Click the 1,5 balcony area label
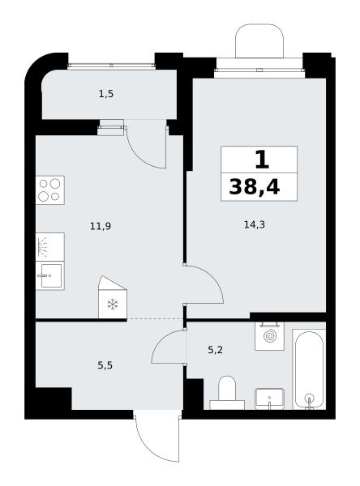coord(106,94)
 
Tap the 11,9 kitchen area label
coord(101,226)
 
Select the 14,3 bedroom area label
coord(254,224)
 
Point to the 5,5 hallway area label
coord(105,365)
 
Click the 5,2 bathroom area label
coord(215,350)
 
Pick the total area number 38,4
coord(254,187)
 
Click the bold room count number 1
coord(262,160)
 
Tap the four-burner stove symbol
coord(50,190)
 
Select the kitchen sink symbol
coord(50,276)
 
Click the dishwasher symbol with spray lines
coord(50,247)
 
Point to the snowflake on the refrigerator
coord(113,304)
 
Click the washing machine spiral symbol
coord(269,336)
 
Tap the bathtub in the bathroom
coord(309,369)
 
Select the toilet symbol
coord(227,392)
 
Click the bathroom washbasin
coord(270,399)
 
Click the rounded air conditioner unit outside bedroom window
coord(259,41)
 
